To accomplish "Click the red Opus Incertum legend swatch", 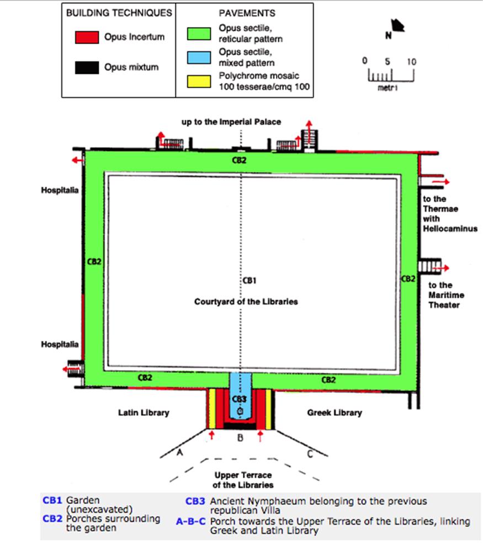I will (87, 38).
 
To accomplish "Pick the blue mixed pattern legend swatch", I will (197, 57).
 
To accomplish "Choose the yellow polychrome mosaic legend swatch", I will (197, 81).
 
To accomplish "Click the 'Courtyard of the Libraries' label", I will (246, 302).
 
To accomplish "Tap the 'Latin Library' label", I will (144, 413).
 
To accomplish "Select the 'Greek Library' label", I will (335, 413).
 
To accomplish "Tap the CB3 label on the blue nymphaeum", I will (238, 399).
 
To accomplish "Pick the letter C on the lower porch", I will (309, 453).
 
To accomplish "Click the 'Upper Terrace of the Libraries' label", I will (243, 480).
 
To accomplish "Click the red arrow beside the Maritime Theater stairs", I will (443, 267).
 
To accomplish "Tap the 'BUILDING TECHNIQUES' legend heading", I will (119, 13).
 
